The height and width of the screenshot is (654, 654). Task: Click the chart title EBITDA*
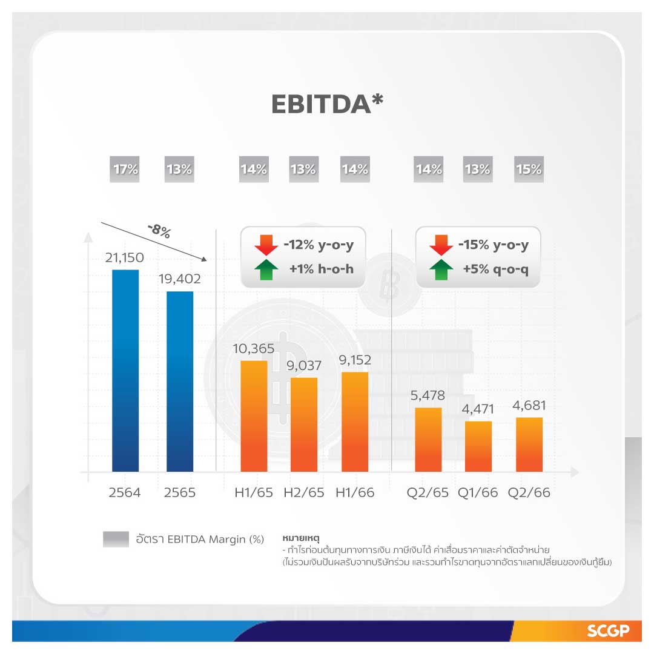point(327,104)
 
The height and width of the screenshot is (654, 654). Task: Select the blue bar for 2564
point(125,371)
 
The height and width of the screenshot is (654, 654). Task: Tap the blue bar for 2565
point(180,381)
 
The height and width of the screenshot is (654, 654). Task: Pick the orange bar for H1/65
point(254,416)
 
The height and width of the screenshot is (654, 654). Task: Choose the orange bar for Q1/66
point(478,446)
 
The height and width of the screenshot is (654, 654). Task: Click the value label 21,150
point(125,259)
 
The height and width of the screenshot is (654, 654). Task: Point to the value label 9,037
point(304,366)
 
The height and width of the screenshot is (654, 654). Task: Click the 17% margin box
point(125,170)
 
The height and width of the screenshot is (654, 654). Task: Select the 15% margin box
point(529,170)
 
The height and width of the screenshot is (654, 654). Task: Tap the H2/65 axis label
point(304,492)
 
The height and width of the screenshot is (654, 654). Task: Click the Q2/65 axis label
point(428,492)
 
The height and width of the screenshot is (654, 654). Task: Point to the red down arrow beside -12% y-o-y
point(266,245)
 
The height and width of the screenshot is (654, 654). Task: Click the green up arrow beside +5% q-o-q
point(441,269)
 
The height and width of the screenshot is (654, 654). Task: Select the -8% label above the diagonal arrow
point(159,230)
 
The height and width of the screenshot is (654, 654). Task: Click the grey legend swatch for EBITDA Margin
point(116,539)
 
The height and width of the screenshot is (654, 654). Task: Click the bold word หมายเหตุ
point(300,537)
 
